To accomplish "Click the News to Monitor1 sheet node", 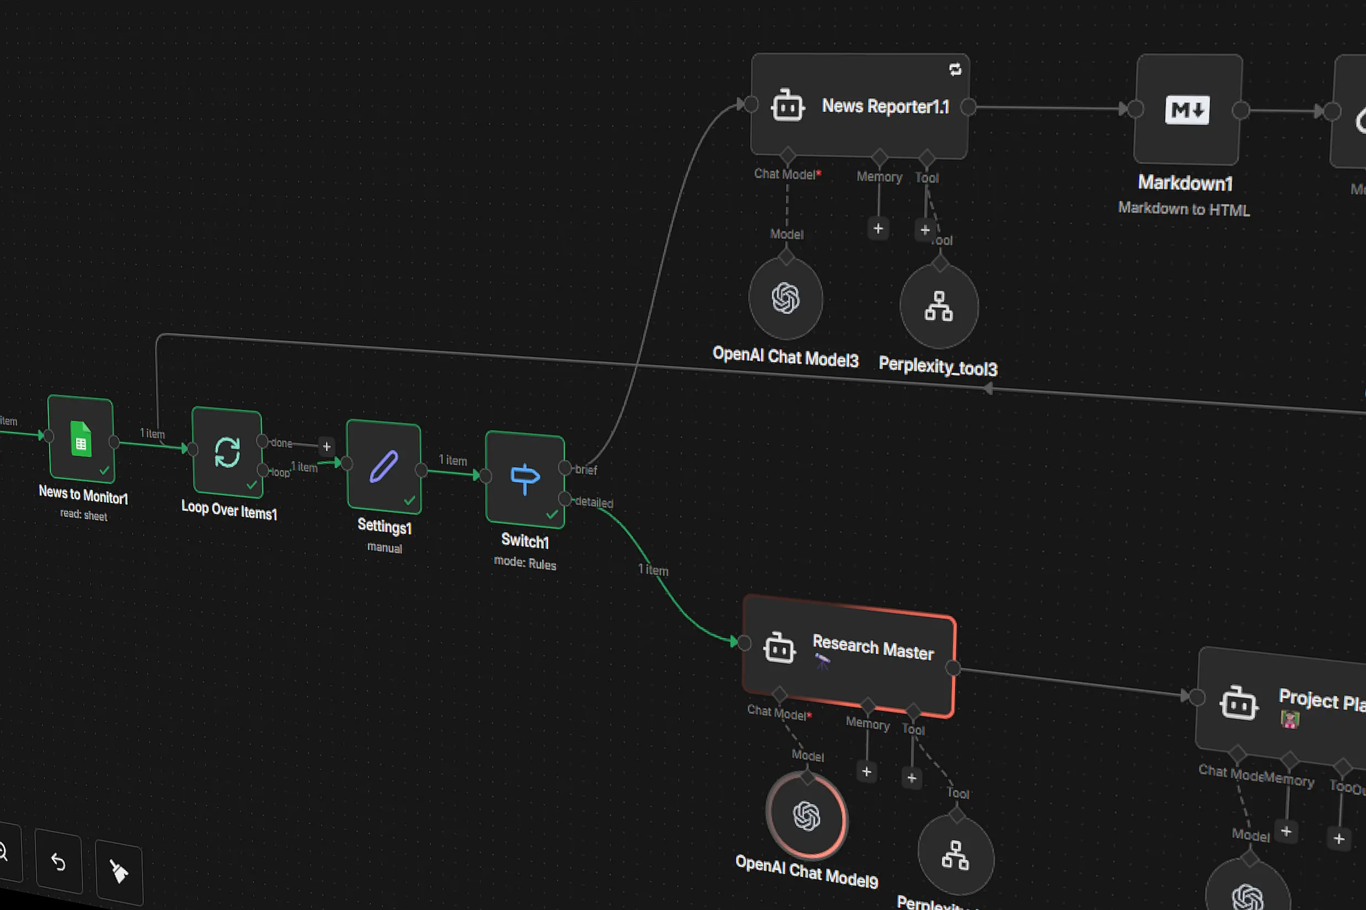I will click(81, 439).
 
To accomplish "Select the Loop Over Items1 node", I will click(227, 452).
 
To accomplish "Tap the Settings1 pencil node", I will click(384, 466).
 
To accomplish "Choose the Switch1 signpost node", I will click(524, 479).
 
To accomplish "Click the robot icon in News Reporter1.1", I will click(787, 106).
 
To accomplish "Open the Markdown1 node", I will click(1187, 109).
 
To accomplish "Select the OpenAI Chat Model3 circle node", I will click(786, 298).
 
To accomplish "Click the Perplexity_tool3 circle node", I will click(938, 307).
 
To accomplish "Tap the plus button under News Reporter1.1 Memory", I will click(878, 229).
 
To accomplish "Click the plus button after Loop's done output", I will click(326, 446).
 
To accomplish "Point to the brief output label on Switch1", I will click(586, 469).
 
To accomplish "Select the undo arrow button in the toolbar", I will click(58, 862).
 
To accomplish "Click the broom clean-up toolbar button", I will click(119, 871).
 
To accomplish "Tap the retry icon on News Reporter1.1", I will click(955, 69).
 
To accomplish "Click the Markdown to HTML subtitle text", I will click(1184, 209).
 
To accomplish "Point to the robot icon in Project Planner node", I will click(1239, 704).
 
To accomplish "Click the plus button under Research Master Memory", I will click(866, 772).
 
